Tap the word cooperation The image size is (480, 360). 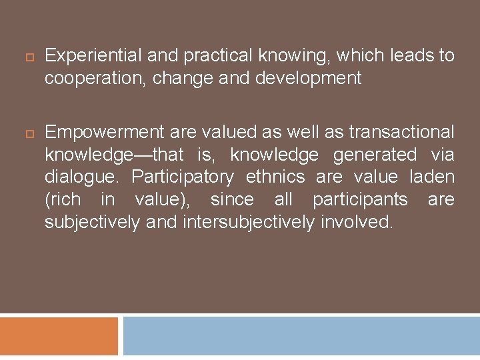[x=95, y=79]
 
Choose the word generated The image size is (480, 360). [x=375, y=155]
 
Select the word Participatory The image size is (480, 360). [x=183, y=177]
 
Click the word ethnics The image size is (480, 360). [x=275, y=177]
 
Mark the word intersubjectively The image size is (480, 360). [x=248, y=222]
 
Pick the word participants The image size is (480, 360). [x=360, y=199]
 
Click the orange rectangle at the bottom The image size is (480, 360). [x=59, y=336]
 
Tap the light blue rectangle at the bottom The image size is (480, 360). [x=301, y=336]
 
